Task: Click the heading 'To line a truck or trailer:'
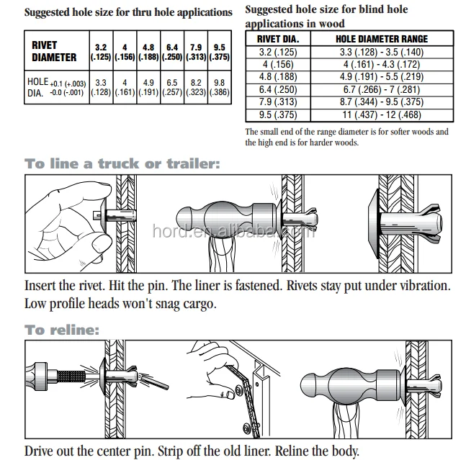tap(121, 164)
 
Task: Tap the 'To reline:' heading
tap(62, 330)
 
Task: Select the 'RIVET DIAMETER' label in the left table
tap(54, 51)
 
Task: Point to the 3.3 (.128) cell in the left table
tap(101, 87)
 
